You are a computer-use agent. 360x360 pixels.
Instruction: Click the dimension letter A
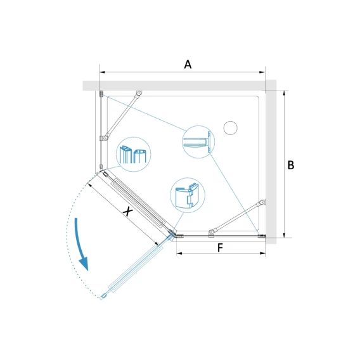(188, 65)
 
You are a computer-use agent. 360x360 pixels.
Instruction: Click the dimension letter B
(291, 165)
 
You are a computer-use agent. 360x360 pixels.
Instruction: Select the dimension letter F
(220, 248)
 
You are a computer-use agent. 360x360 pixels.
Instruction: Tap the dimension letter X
(127, 211)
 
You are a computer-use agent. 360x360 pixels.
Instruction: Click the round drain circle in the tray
(230, 128)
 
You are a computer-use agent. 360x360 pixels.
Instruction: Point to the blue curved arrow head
(84, 264)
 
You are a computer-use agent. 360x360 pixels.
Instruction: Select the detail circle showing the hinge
(188, 195)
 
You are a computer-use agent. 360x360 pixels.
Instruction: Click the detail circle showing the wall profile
(198, 142)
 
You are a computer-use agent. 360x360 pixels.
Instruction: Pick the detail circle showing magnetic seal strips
(133, 154)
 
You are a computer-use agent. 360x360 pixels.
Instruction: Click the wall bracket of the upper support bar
(139, 93)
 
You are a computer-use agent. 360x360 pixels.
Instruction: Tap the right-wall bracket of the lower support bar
(262, 203)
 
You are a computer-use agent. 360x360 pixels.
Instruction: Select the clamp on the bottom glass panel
(212, 233)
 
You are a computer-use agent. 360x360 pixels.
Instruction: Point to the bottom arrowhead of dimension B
(284, 235)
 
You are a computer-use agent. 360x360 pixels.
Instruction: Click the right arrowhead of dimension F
(262, 254)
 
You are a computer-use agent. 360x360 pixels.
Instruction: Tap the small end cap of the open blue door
(103, 297)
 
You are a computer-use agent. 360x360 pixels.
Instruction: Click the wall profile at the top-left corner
(101, 93)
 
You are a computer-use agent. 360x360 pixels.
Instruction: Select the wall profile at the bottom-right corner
(262, 236)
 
